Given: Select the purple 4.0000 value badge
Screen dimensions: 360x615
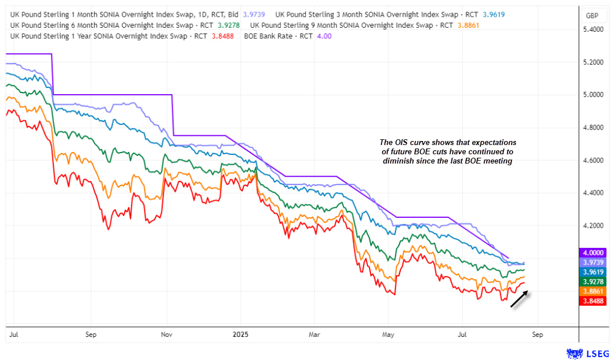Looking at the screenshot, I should point(594,253).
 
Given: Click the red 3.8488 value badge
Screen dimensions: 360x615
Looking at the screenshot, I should point(594,300).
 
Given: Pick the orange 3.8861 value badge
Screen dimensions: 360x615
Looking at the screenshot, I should point(594,291).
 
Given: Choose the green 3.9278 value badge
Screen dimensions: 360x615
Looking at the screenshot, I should point(594,281).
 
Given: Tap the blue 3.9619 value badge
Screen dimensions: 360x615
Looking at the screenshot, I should point(594,272).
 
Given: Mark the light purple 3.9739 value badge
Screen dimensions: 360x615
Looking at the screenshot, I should point(594,262).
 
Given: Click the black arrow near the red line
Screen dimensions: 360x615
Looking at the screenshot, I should point(519,300).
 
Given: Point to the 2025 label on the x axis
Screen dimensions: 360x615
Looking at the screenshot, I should point(239,334).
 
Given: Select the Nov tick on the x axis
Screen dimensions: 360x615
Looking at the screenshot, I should point(166,334).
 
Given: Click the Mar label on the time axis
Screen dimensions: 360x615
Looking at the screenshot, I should point(314,334).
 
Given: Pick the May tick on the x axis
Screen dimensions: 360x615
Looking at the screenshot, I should point(388,334).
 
